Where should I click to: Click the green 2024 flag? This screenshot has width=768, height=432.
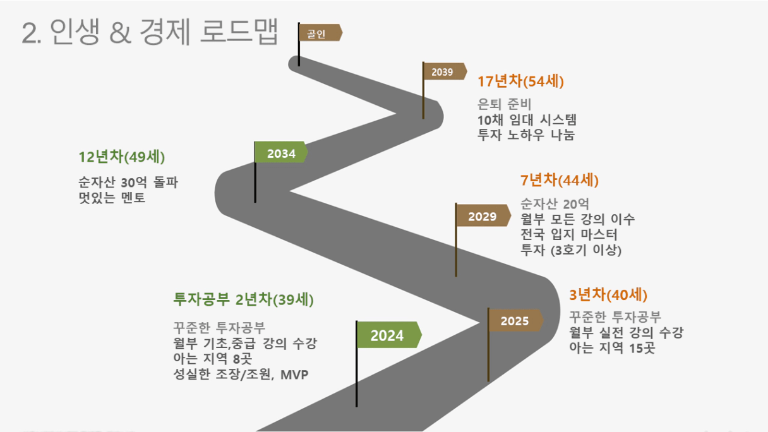pyautogui.click(x=389, y=335)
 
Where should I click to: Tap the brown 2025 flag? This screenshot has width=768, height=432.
pyautogui.click(x=515, y=321)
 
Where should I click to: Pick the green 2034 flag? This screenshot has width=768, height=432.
pyautogui.click(x=281, y=152)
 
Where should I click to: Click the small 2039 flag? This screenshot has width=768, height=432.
pyautogui.click(x=445, y=71)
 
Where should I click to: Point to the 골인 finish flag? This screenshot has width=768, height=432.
pyautogui.click(x=320, y=33)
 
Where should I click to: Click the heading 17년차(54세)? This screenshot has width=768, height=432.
pyautogui.click(x=520, y=81)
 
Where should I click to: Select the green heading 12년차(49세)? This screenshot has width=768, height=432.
pyautogui.click(x=122, y=157)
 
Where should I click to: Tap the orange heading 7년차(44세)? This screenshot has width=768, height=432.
pyautogui.click(x=559, y=181)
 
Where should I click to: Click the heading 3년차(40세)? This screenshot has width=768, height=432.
pyautogui.click(x=608, y=295)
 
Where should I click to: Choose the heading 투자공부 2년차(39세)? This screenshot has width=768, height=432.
pyautogui.click(x=243, y=299)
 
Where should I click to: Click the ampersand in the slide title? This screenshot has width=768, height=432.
pyautogui.click(x=120, y=33)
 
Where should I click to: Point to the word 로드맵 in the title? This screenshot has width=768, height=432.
pyautogui.click(x=239, y=32)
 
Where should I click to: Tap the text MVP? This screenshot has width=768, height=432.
pyautogui.click(x=294, y=375)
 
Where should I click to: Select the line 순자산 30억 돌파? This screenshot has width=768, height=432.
pyautogui.click(x=128, y=182)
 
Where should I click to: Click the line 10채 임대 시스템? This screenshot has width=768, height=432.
pyautogui.click(x=527, y=120)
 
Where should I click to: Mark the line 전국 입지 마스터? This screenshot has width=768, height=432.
pyautogui.click(x=569, y=234)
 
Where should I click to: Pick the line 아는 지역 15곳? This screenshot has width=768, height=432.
pyautogui.click(x=612, y=347)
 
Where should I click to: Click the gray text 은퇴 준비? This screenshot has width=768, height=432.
pyautogui.click(x=505, y=104)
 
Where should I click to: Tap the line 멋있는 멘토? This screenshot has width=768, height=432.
pyautogui.click(x=112, y=198)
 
